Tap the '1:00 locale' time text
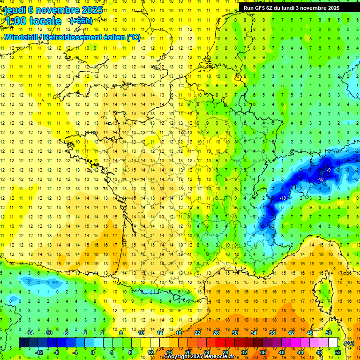[33, 21]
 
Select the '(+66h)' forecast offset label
[81, 21]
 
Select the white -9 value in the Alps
[329, 170]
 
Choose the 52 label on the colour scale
[337, 352]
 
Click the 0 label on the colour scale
[92, 352]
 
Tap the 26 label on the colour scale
[216, 333]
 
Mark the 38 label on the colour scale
[272, 333]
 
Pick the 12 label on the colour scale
[150, 352]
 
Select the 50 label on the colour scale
[329, 333]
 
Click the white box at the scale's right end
[333, 343]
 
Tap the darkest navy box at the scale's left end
[23, 343]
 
